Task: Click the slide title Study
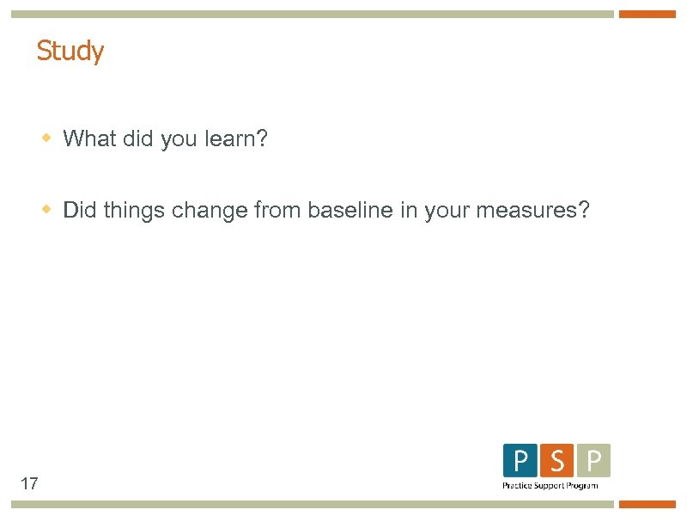[70, 52]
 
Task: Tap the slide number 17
[28, 483]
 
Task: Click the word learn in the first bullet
[228, 138]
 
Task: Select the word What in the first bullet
[89, 138]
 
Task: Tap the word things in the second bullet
[134, 211]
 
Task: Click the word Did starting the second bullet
[80, 211]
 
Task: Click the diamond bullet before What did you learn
[48, 138]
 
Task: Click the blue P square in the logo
[520, 461]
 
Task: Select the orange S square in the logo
[557, 461]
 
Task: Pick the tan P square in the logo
[593, 461]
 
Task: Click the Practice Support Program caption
[550, 486]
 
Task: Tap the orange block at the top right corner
[647, 14]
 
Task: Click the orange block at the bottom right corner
[647, 504]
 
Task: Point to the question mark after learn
[262, 138]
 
